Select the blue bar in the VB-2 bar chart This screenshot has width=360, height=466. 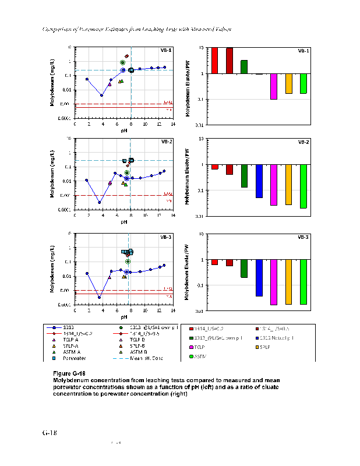259,181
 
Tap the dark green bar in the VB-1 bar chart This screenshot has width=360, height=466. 244,66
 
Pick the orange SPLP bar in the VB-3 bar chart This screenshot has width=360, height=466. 289,282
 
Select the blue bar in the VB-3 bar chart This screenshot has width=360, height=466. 259,278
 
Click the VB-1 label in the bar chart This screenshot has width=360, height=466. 303,51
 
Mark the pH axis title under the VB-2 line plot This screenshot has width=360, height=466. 124,221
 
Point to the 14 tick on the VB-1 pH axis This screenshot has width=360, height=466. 172,123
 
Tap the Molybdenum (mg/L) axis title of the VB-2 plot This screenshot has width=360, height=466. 53,174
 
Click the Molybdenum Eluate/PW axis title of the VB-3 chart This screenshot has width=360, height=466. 188,271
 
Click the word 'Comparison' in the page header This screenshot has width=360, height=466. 60,29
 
